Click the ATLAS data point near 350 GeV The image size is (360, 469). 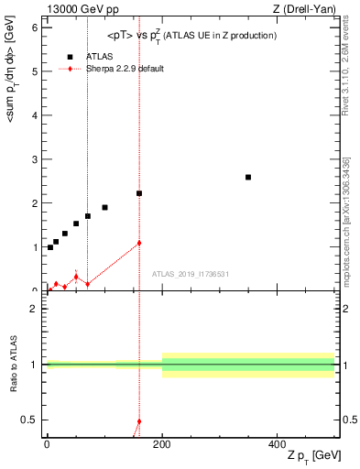click(248, 177)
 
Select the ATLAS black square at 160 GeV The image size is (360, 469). click(139, 193)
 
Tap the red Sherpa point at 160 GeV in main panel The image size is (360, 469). click(139, 243)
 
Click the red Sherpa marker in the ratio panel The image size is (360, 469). click(139, 422)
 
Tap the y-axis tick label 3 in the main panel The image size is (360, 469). click(35, 159)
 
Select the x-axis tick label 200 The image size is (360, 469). click(162, 443)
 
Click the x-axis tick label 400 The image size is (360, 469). click(278, 443)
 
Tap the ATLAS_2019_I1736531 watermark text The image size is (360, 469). click(191, 274)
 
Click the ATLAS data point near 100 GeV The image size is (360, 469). click(104, 207)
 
